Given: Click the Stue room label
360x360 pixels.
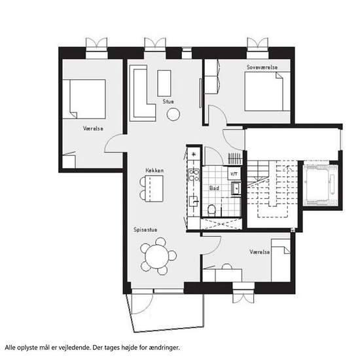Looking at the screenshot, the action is tap(168, 101).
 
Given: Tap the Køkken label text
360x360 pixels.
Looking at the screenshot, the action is tap(154, 170).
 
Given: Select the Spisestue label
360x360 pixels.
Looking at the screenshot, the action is tap(145, 230).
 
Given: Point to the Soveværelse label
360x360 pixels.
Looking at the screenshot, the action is tap(262, 67).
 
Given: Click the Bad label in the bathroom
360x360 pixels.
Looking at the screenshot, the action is tap(214, 188).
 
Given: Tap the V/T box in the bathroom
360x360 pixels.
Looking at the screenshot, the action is tap(234, 174).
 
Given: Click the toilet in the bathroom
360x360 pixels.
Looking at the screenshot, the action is tap(211, 210).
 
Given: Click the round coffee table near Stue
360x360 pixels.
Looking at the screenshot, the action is tap(173, 115).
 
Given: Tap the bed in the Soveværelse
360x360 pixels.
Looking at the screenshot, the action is tap(264, 92).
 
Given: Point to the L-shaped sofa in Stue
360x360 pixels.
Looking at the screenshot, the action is tap(143, 94).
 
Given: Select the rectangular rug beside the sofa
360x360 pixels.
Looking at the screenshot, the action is tap(164, 83).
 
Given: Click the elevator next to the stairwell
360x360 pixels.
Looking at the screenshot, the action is tap(321, 185).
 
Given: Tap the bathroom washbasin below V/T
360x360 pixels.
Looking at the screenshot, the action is tap(236, 189).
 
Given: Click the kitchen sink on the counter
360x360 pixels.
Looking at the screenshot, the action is tap(194, 202).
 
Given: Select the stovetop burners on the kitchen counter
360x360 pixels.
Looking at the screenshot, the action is tap(194, 175).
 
